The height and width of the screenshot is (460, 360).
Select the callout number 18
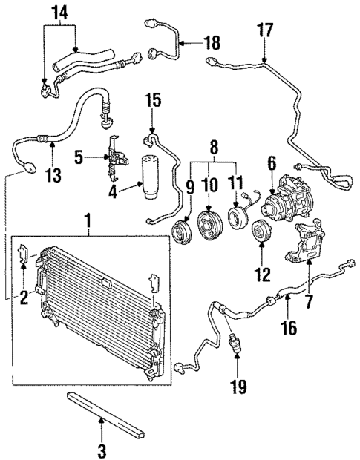212,43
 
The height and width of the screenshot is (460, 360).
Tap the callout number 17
265,30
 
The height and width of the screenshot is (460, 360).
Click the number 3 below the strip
102,449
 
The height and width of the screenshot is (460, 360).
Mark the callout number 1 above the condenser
89,220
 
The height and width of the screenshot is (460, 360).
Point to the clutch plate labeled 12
261,231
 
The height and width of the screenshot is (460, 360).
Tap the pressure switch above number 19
236,344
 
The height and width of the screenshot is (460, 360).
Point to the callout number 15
152,99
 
